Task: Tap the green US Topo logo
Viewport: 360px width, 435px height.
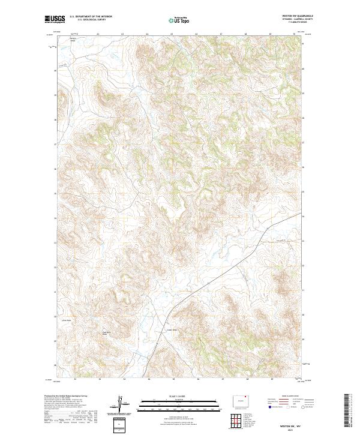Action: coord(179,20)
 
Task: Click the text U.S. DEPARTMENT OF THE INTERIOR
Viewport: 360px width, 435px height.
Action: coord(91,17)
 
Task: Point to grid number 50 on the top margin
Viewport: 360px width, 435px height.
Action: coord(294,34)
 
